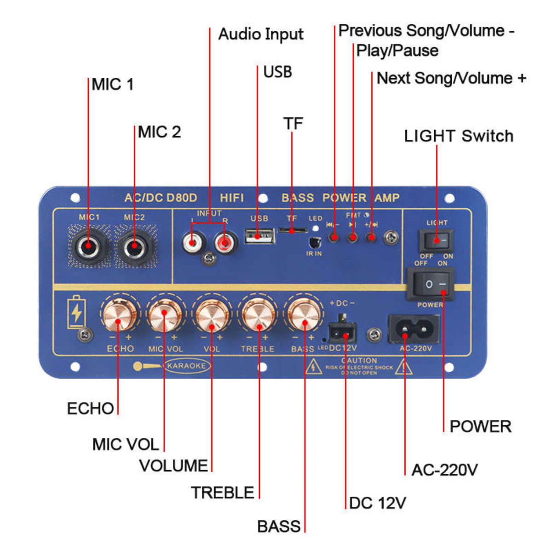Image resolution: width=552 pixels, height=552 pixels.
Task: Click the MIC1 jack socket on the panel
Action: [x=88, y=248]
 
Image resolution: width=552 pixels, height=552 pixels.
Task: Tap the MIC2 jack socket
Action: [x=134, y=248]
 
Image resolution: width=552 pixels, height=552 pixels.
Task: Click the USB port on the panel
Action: [x=259, y=236]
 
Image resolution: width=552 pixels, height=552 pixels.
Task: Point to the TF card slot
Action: [x=292, y=229]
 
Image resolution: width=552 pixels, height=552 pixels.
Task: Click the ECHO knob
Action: [x=118, y=315]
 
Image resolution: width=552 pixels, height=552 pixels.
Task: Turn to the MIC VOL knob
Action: [x=164, y=315]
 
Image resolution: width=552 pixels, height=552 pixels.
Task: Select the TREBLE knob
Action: [x=258, y=315]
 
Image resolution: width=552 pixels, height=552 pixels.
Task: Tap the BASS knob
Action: [x=304, y=315]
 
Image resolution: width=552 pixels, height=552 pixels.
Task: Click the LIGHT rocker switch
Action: [x=436, y=240]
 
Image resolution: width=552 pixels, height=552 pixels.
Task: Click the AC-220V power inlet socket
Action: [x=414, y=328]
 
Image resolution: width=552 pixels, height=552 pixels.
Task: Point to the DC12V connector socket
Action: [x=342, y=330]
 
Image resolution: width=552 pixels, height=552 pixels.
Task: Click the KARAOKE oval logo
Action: [x=186, y=366]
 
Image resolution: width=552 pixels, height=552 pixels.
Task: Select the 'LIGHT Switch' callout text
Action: [x=459, y=136]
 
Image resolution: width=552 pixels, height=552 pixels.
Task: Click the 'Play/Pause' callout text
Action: [x=397, y=51]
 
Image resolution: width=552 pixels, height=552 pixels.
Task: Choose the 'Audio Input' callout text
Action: [x=261, y=34]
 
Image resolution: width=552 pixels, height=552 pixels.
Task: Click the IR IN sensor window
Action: [x=314, y=242]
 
